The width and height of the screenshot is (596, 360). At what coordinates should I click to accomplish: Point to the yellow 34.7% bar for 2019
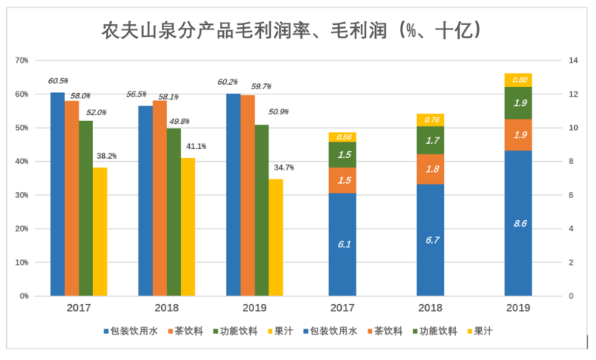pyautogui.click(x=276, y=237)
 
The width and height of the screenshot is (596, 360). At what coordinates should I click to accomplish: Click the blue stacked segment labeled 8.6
pyautogui.click(x=518, y=223)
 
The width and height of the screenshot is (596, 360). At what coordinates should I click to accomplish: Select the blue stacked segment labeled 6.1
pyautogui.click(x=343, y=244)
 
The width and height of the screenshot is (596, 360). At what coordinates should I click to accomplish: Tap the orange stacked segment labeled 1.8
pyautogui.click(x=430, y=169)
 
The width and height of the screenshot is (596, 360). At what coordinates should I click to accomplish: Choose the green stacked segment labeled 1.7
pyautogui.click(x=430, y=140)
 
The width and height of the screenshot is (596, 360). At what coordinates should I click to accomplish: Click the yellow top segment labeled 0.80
pyautogui.click(x=518, y=79)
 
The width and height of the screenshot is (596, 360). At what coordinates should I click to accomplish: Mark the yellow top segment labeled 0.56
pyautogui.click(x=343, y=137)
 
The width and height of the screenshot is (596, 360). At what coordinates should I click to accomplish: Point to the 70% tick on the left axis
pyautogui.click(x=22, y=61)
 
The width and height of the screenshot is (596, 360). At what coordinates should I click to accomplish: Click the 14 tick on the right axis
pyautogui.click(x=573, y=61)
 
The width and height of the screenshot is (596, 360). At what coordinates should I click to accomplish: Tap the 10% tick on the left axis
pyautogui.click(x=22, y=262)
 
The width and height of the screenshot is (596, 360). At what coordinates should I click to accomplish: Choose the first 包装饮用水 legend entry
pyautogui.click(x=126, y=331)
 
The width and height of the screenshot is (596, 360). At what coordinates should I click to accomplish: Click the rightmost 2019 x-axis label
pyautogui.click(x=517, y=308)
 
